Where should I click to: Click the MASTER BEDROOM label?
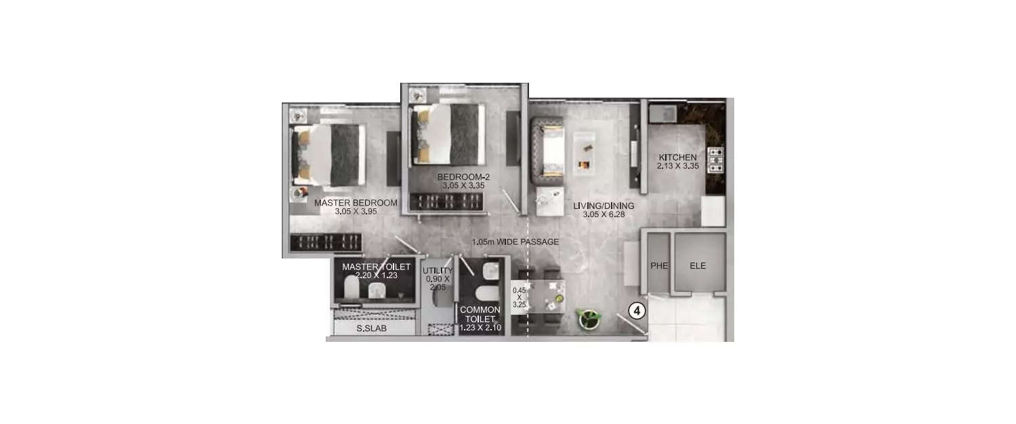(356, 202)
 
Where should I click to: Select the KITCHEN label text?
(677, 157)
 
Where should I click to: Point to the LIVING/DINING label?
(603, 206)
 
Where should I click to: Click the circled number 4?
(637, 311)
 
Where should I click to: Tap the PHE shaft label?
(659, 266)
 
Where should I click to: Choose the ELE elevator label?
(698, 266)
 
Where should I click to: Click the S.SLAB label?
(372, 329)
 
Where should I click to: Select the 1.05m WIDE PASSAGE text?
(515, 242)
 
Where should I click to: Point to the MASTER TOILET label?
(376, 267)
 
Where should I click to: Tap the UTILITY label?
(437, 271)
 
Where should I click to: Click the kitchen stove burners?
(715, 160)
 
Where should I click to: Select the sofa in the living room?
(547, 150)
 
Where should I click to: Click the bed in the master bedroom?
(329, 155)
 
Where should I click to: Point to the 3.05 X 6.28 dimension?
(603, 215)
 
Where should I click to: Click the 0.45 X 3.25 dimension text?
(519, 297)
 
